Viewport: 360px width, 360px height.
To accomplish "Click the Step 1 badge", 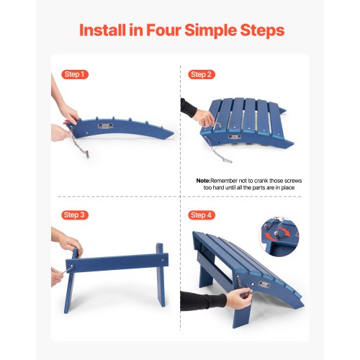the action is [x=75, y=74].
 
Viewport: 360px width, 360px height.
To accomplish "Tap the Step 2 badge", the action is [x=202, y=75].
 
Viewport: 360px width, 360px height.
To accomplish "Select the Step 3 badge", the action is [x=75, y=215].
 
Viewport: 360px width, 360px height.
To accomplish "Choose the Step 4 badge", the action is [x=202, y=215].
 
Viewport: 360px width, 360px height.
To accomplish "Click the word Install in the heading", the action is [x=102, y=30].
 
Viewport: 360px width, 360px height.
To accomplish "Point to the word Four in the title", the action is [x=163, y=30].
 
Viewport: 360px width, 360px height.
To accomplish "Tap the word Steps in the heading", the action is [x=262, y=30].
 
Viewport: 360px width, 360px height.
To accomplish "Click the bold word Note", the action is [x=203, y=181].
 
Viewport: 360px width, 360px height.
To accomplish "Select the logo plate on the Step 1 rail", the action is [x=105, y=126].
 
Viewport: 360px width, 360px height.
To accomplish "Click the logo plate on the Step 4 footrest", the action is [x=264, y=284].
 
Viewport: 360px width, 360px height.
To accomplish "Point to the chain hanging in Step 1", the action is [x=79, y=142].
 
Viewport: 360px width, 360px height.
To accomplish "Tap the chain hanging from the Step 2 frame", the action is [x=217, y=150].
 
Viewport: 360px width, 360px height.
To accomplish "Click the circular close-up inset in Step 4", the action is [x=279, y=236].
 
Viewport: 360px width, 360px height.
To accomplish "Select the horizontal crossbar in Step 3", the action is [x=117, y=263].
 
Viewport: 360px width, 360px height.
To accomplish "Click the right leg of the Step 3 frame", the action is [x=160, y=275].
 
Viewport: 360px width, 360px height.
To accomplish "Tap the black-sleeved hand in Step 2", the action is [x=197, y=112].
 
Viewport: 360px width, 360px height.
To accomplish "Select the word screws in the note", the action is [x=292, y=181].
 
